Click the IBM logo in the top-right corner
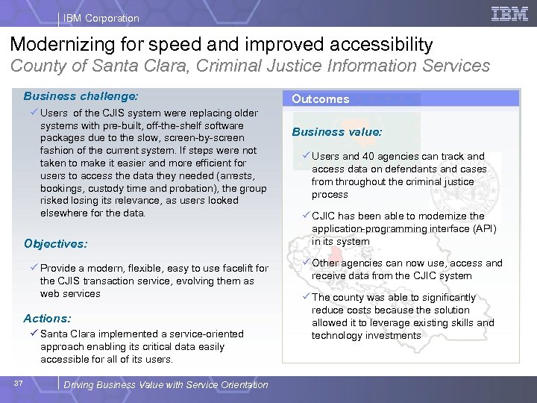[510, 14]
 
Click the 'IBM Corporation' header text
[101, 18]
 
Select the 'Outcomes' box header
[321, 99]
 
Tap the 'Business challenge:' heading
[80, 96]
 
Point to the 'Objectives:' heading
[55, 243]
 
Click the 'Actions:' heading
[47, 318]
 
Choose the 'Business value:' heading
[336, 131]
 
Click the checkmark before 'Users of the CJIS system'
[34, 113]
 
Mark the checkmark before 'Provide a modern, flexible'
[34, 268]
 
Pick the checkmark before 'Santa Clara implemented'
[34, 334]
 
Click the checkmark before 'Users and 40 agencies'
[306, 156]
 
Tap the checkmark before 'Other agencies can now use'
[306, 263]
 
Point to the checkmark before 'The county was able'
[306, 297]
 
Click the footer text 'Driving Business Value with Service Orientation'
[166, 384]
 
